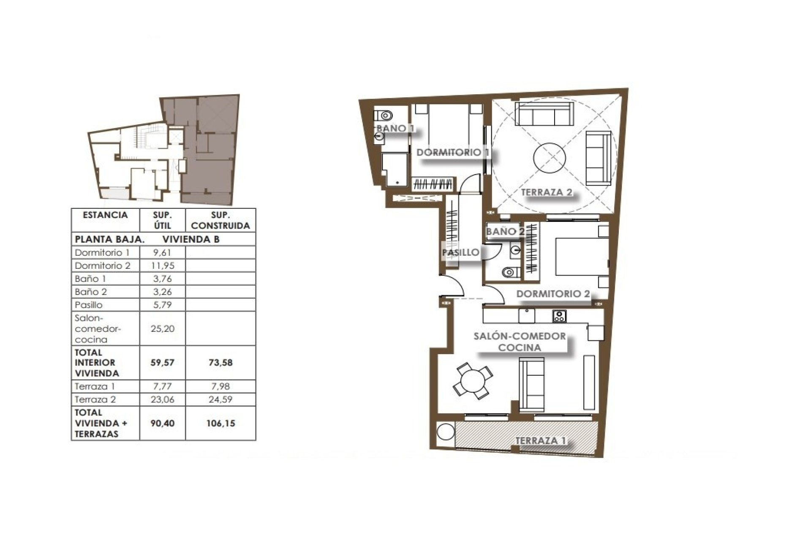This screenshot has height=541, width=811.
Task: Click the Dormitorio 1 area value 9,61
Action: pyautogui.click(x=162, y=253)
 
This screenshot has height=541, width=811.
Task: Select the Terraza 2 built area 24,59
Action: pyautogui.click(x=220, y=399)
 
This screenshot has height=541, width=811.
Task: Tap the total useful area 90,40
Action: pyautogui.click(x=162, y=423)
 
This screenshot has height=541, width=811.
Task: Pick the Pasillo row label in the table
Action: pyautogui.click(x=89, y=305)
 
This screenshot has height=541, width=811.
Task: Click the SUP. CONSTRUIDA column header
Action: pyautogui.click(x=220, y=220)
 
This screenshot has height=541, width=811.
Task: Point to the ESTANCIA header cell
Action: pyautogui.click(x=105, y=215)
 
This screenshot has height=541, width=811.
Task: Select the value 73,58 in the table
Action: pyautogui.click(x=220, y=363)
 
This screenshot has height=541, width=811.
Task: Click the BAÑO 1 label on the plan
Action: pyautogui.click(x=395, y=128)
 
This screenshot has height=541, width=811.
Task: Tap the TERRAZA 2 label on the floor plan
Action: pyautogui.click(x=547, y=192)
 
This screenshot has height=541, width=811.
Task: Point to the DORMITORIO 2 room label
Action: pyautogui.click(x=553, y=294)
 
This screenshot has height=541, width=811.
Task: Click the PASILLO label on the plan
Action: pyautogui.click(x=461, y=253)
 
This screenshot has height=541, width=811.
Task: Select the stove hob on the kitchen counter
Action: pyautogui.click(x=559, y=316)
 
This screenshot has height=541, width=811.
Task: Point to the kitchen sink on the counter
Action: pyautogui.click(x=527, y=315)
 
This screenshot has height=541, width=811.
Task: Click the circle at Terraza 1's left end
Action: pyautogui.click(x=445, y=432)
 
